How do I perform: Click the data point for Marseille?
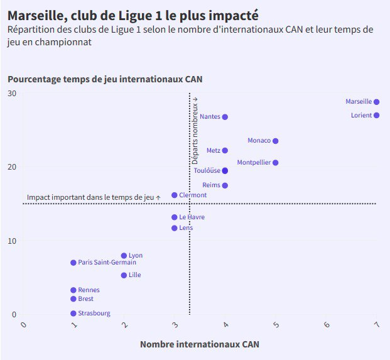(x=376, y=102)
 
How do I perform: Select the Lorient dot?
(x=376, y=116)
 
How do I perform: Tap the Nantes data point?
(x=225, y=117)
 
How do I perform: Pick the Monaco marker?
(x=275, y=141)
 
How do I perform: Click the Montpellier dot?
(x=275, y=163)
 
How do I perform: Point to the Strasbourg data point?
(x=73, y=314)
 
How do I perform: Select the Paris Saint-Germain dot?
(x=73, y=263)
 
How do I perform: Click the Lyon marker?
(x=124, y=256)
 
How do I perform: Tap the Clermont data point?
(x=174, y=195)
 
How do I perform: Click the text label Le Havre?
(x=192, y=217)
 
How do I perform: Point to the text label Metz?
(x=213, y=151)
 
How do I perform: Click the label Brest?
(x=85, y=299)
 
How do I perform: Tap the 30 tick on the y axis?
(x=12, y=94)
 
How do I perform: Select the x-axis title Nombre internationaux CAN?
(x=199, y=344)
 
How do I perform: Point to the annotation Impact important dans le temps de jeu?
(x=93, y=197)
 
